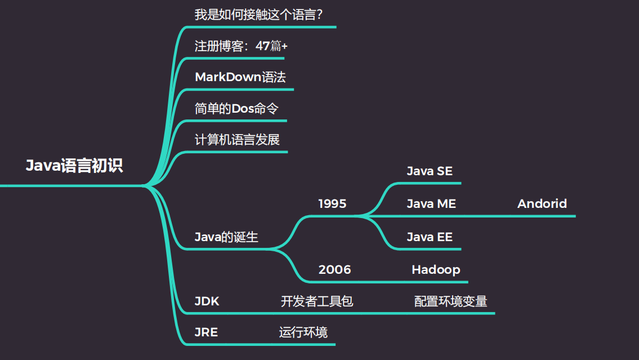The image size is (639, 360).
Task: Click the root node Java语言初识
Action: click(74, 166)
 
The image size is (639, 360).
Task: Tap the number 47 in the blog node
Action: click(262, 46)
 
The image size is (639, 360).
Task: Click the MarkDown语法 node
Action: click(240, 77)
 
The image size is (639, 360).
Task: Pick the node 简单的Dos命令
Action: click(236, 108)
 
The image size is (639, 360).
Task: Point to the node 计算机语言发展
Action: click(237, 140)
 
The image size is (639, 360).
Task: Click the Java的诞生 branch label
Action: click(226, 237)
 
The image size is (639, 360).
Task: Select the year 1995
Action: click(332, 203)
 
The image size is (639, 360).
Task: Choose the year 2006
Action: click(334, 269)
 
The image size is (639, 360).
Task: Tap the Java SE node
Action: click(430, 171)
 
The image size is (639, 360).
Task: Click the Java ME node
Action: click(431, 203)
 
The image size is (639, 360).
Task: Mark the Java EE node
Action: click(430, 237)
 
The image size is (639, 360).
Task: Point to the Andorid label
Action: click(542, 203)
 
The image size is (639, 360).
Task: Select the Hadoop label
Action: click(436, 269)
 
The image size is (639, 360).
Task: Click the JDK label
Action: click(207, 301)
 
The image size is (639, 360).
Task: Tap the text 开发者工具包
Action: click(317, 301)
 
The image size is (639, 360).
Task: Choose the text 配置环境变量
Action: click(450, 301)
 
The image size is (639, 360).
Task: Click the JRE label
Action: click(206, 332)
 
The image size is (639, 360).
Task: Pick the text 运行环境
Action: click(303, 332)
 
